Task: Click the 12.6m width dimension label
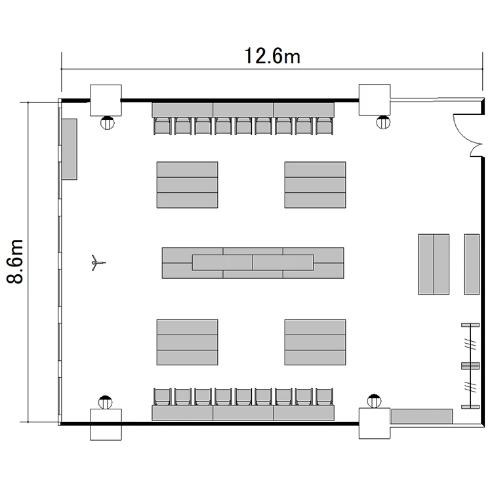coord(272,56)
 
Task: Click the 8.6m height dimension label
coord(15,261)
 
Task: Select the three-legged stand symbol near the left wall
coord(98,262)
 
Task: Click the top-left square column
coord(106,100)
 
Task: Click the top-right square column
coord(375,100)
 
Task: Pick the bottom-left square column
coord(106,424)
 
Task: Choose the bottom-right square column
coord(375,423)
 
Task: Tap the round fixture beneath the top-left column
coord(108,123)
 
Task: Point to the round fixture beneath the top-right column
coord(383,122)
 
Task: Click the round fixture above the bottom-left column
coord(105,402)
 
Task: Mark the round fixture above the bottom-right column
coord(374,401)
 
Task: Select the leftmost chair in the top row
coord(163,126)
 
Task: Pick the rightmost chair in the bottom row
coord(325,397)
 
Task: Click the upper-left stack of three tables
coord(188,185)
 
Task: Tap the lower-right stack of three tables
coord(316,342)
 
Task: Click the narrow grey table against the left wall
coord(70,149)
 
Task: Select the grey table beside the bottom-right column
coord(422,417)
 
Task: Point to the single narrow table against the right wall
coord(472,264)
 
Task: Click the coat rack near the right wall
coord(470,366)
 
